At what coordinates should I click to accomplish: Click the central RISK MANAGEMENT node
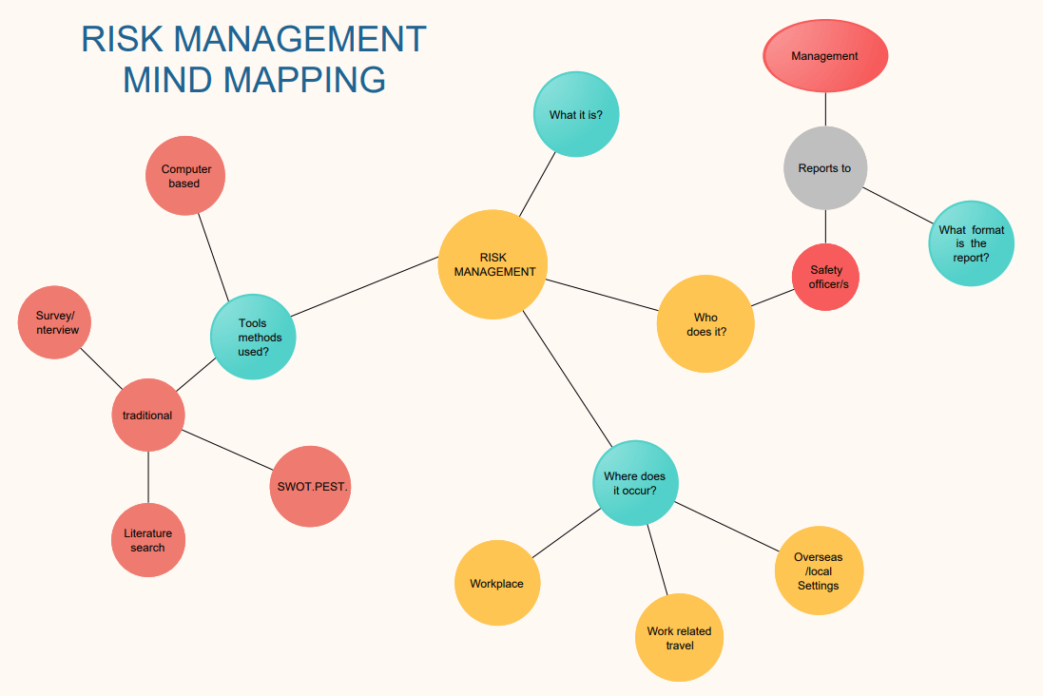(493, 264)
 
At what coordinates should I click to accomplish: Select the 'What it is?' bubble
(574, 115)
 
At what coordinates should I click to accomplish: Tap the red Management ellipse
(825, 56)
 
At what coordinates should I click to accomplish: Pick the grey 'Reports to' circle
(825, 168)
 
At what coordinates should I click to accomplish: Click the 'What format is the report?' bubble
(971, 243)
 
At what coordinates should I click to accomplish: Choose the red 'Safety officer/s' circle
(825, 277)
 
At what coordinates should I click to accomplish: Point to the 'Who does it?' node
(705, 324)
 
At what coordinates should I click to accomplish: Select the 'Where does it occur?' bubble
(636, 483)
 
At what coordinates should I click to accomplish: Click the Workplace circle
(497, 583)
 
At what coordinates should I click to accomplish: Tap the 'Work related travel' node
(679, 638)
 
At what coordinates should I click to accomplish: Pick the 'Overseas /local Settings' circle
(819, 571)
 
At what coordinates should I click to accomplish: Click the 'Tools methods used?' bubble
(253, 337)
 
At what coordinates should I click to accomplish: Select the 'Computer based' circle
(185, 176)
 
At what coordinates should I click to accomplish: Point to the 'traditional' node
(147, 416)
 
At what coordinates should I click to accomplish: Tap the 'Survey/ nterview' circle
(56, 322)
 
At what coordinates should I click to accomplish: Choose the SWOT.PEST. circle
(313, 487)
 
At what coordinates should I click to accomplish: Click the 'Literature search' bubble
(147, 540)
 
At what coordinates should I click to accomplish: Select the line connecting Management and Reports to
(825, 109)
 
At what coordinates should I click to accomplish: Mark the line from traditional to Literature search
(148, 477)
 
